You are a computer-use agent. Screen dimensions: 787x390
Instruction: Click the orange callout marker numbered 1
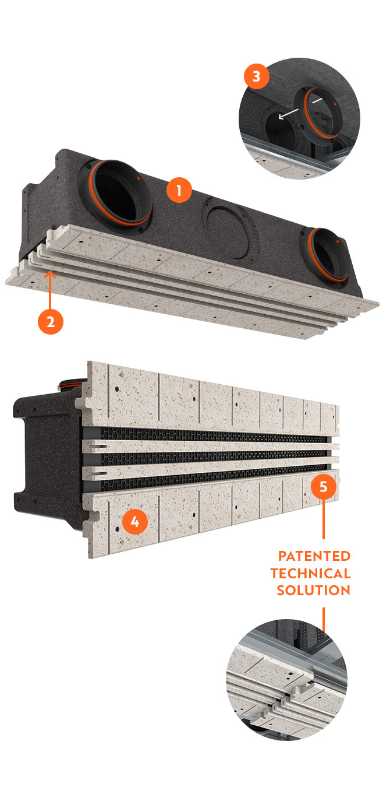(x=179, y=191)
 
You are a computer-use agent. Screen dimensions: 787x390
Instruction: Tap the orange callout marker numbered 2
(x=51, y=322)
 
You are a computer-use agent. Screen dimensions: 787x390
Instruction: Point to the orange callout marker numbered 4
(x=134, y=522)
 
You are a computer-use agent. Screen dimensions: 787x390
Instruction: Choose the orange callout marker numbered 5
(x=324, y=485)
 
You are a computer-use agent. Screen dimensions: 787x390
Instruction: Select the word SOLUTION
(x=313, y=591)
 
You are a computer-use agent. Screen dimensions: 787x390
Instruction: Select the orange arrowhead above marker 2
(x=51, y=272)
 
